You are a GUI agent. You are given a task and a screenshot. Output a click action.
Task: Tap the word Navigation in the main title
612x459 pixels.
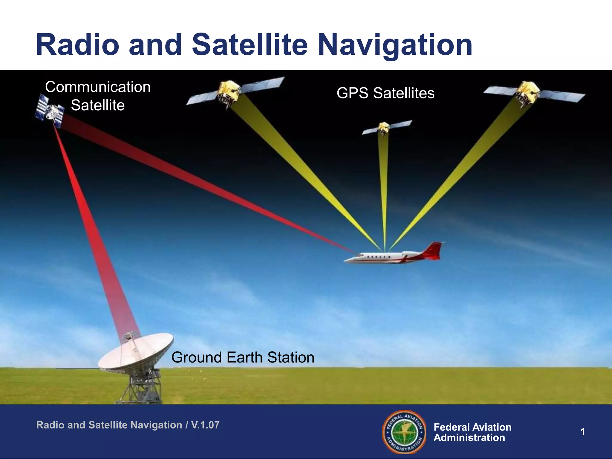point(395,45)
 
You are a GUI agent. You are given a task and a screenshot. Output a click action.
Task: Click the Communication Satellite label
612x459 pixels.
point(98,96)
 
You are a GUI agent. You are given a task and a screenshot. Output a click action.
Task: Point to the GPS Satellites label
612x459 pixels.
point(385,93)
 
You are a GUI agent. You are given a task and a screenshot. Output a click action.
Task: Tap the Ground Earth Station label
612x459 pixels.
point(243,357)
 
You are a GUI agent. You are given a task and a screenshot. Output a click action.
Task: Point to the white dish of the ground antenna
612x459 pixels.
point(136,351)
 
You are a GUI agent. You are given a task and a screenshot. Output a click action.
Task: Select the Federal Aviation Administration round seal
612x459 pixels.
point(404,432)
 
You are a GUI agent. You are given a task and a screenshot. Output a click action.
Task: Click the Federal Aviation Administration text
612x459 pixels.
point(472,432)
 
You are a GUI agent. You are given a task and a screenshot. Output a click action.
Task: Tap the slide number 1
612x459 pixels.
point(582,432)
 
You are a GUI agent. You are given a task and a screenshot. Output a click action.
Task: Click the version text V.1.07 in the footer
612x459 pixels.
point(205,425)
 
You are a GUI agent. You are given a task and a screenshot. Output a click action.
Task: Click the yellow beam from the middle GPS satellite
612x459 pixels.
point(384,191)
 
